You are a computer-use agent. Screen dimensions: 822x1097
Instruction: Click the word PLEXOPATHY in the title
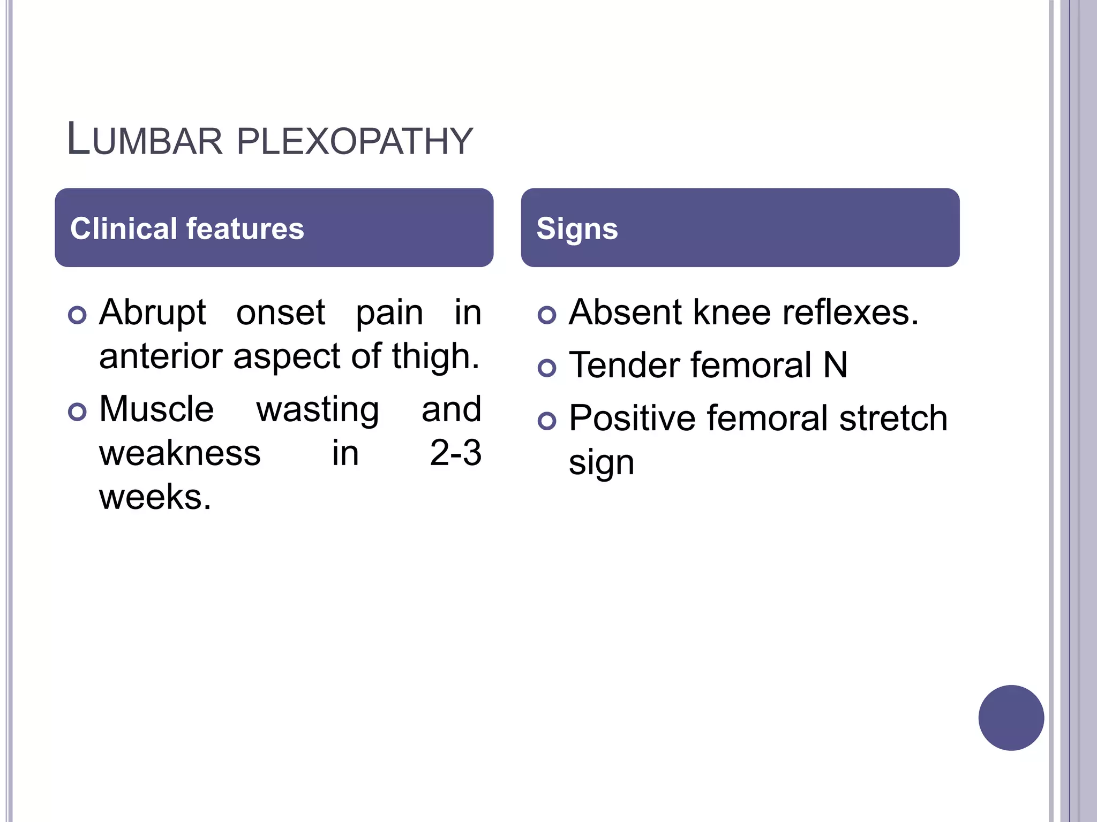pos(354,141)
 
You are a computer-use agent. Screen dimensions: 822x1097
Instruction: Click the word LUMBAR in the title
pos(144,140)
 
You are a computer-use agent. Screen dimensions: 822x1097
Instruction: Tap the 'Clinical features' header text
pos(187,229)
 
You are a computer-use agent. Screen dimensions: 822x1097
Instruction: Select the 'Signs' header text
pos(577,229)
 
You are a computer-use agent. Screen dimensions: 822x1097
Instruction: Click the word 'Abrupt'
pos(153,313)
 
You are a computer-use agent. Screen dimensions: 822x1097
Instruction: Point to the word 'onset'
pos(281,313)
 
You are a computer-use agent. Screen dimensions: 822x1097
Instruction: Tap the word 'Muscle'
pos(156,409)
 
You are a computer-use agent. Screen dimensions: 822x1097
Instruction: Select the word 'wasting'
pos(318,410)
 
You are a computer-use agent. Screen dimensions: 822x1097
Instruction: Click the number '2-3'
pos(455,453)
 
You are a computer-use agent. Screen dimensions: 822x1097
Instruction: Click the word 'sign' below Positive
pos(601,463)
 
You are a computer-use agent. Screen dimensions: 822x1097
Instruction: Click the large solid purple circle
pos(1011,718)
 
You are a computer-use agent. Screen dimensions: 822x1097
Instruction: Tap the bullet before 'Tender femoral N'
pos(547,368)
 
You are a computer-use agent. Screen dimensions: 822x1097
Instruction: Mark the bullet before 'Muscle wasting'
pos(78,412)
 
